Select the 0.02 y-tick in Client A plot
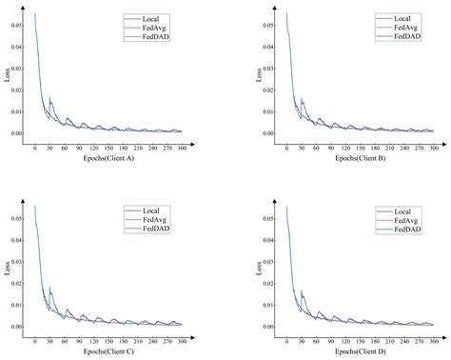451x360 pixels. (x=18, y=92)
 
